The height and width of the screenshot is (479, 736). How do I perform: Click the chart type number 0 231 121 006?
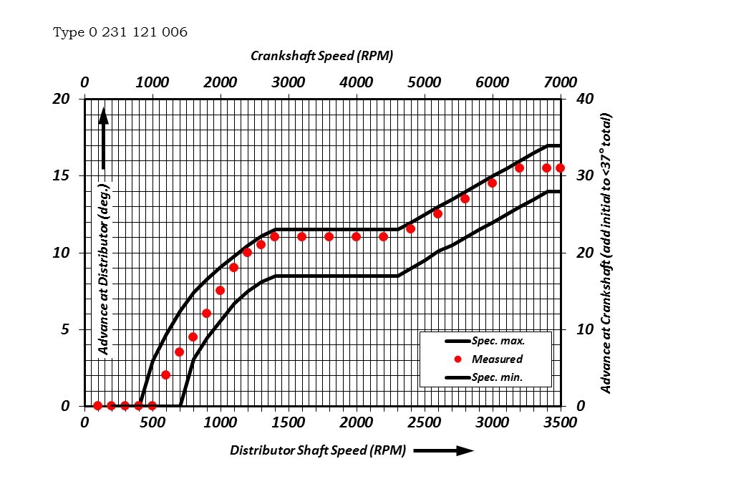(x=120, y=32)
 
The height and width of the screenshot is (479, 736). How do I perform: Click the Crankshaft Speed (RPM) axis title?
(x=321, y=56)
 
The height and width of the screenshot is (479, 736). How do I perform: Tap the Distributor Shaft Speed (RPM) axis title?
(x=318, y=450)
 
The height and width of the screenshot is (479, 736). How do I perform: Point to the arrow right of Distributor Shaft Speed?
(x=444, y=450)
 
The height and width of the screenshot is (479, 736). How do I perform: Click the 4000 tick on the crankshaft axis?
(x=356, y=81)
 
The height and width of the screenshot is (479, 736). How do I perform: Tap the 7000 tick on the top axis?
(x=560, y=81)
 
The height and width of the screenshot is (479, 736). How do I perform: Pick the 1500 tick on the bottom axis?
(x=288, y=422)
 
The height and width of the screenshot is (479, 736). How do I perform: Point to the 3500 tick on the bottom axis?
(x=560, y=422)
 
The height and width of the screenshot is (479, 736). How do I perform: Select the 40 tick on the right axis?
(x=585, y=99)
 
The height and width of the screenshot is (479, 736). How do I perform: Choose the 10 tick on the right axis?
(x=585, y=329)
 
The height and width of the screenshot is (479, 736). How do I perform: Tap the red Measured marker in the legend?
(x=458, y=359)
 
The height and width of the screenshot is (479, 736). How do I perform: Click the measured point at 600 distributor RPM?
(x=165, y=374)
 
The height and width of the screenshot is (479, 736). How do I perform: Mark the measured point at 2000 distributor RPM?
(x=356, y=236)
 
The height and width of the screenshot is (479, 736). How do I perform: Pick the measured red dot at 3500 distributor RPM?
(x=560, y=168)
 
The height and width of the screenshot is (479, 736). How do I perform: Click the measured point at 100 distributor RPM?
(x=97, y=405)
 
